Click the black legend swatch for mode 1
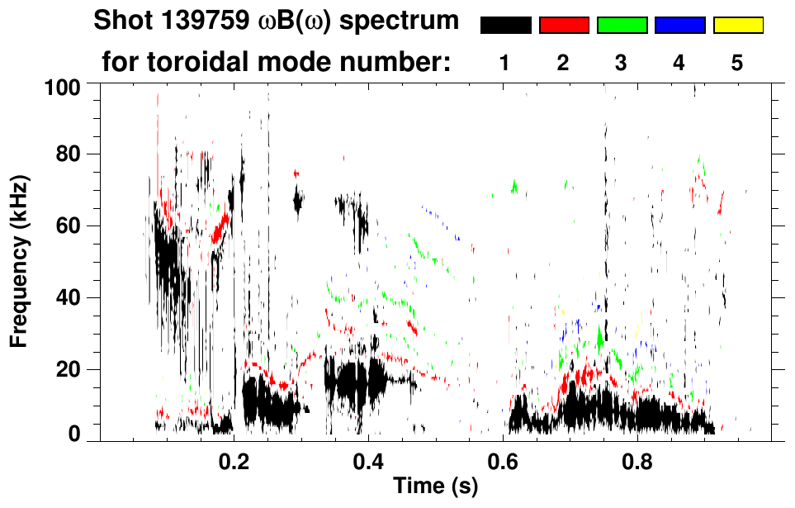(x=505, y=26)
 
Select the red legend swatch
(x=564, y=26)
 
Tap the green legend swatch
(x=622, y=26)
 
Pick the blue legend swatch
(x=679, y=26)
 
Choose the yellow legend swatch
(x=738, y=26)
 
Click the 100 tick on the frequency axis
(x=70, y=86)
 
